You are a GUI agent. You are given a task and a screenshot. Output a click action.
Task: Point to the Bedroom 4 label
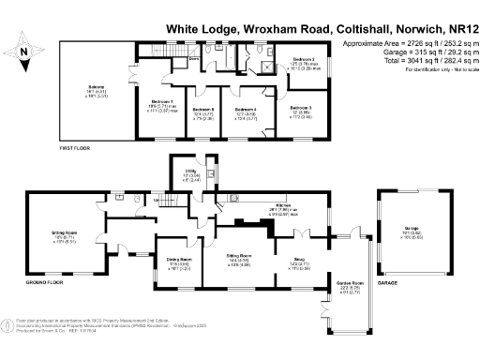[x=244, y=112]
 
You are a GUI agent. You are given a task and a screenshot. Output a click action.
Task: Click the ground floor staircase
[x=169, y=200]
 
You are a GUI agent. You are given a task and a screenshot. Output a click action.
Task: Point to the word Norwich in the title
[x=385, y=29]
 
